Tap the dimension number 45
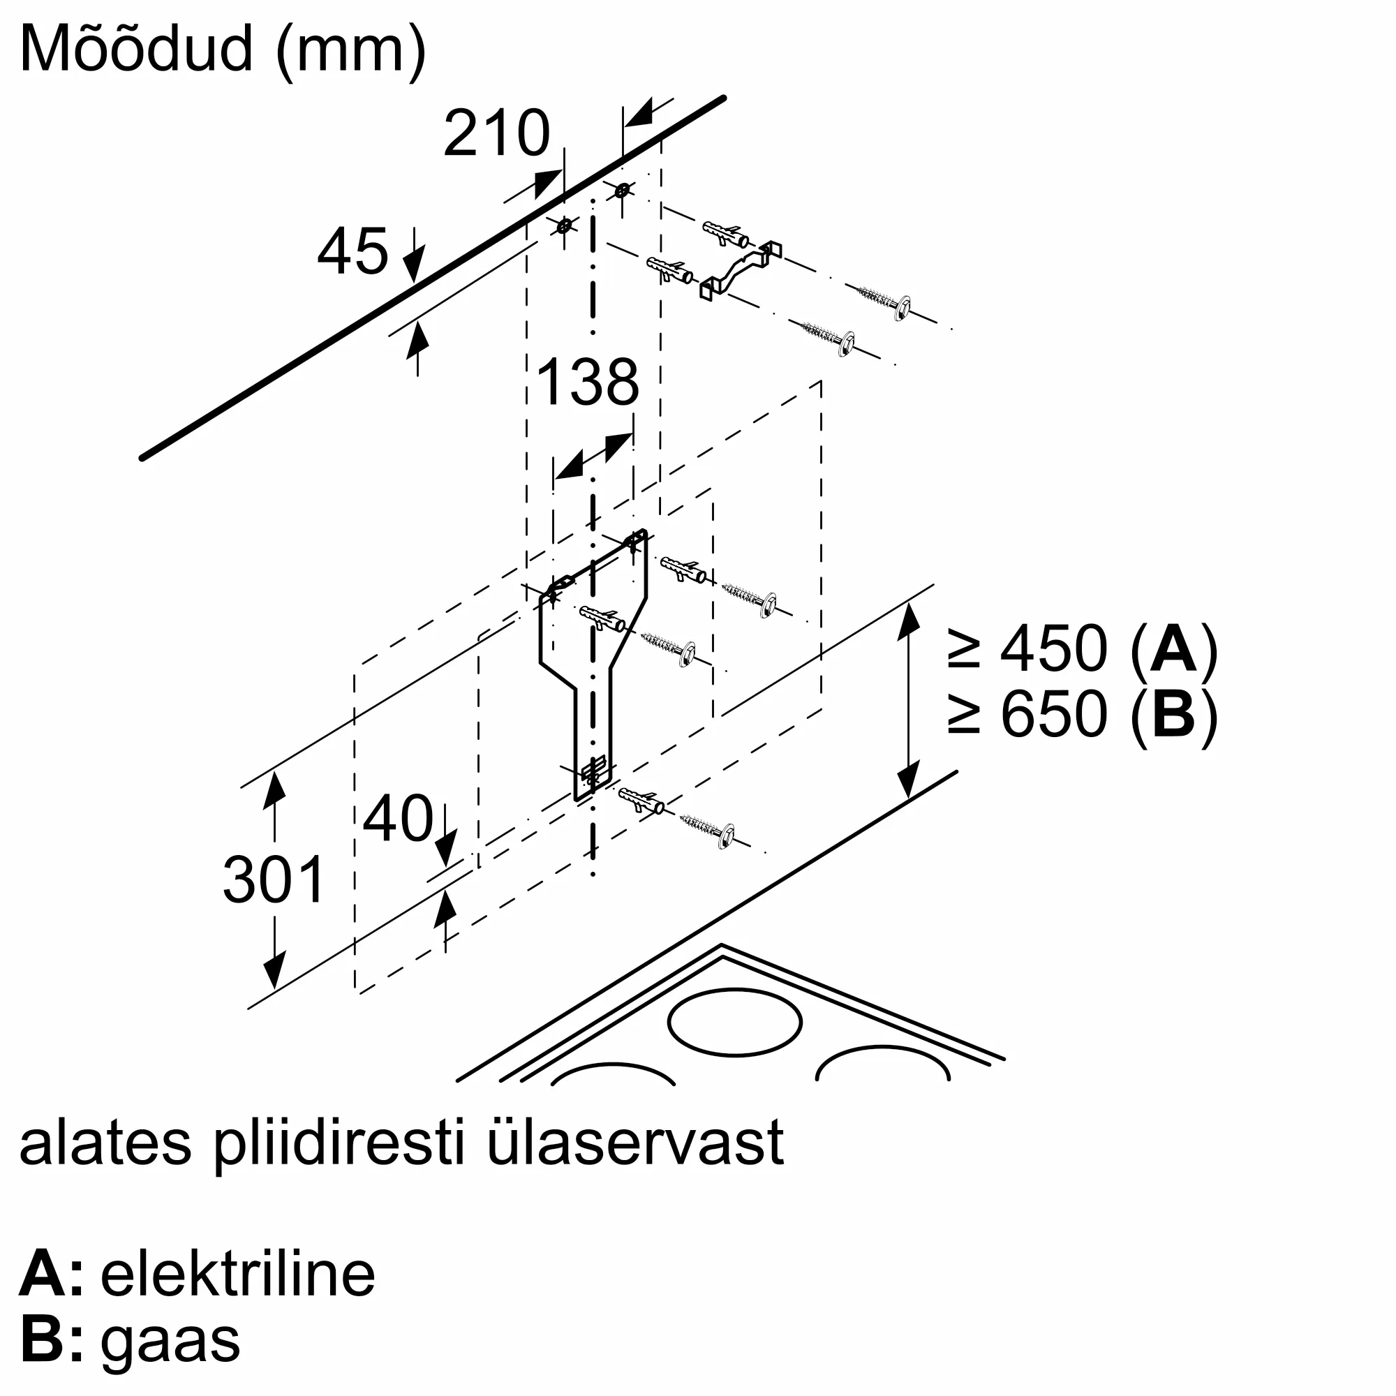352,251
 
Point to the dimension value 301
274,879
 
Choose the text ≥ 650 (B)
1083,714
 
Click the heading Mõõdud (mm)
223,48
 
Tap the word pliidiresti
339,1143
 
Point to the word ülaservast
636,1143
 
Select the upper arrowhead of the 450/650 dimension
908,621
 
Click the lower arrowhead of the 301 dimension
274,969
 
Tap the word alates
105,1143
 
